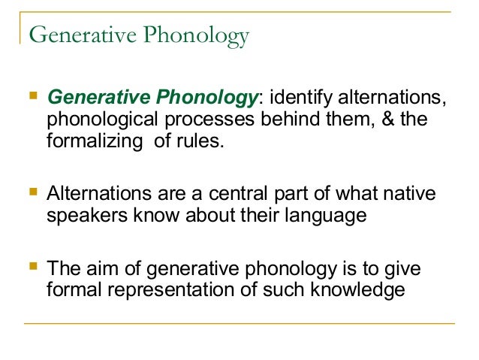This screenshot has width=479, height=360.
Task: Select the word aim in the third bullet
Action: tap(101, 268)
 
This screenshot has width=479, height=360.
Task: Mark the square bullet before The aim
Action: tap(31, 267)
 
